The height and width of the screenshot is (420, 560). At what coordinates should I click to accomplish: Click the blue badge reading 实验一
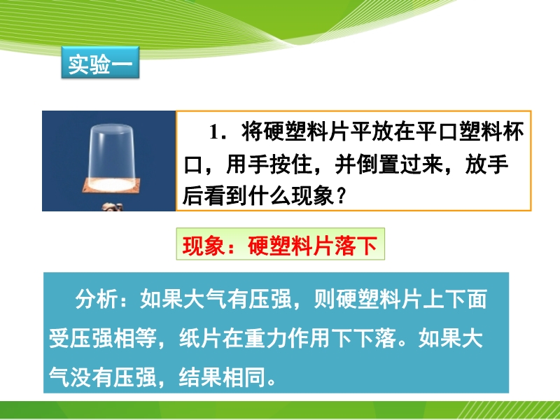[100, 62]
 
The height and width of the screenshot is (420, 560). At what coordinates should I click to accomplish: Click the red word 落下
[356, 246]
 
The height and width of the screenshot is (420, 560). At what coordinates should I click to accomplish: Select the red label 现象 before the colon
[204, 246]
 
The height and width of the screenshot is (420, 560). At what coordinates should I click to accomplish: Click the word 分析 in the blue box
[97, 299]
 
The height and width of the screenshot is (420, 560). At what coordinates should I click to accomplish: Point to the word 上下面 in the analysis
[454, 299]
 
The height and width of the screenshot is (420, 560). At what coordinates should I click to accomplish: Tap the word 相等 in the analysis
[135, 337]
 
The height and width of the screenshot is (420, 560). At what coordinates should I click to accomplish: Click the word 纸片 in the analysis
[201, 337]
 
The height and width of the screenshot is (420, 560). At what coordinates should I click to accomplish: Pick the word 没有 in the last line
[92, 377]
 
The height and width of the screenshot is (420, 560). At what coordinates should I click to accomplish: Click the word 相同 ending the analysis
[244, 377]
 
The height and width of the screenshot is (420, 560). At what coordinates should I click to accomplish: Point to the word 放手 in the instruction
[486, 164]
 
